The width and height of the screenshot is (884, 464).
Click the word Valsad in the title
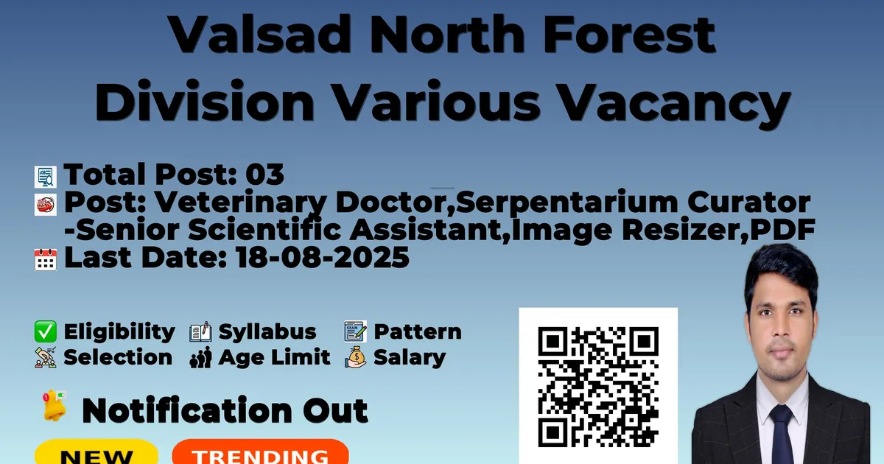click(259, 34)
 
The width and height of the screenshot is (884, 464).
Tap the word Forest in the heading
click(629, 34)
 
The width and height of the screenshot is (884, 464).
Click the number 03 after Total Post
click(264, 175)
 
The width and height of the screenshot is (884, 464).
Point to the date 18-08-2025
click(323, 258)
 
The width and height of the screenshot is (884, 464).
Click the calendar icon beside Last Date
click(46, 259)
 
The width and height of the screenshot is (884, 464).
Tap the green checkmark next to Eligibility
click(46, 331)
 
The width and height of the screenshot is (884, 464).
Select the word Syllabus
click(267, 332)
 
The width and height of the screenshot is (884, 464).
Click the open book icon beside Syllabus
click(200, 331)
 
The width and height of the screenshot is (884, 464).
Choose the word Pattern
click(418, 331)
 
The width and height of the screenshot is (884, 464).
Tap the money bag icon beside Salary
click(356, 357)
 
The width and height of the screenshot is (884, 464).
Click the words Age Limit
click(274, 357)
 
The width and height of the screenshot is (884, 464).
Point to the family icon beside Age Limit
click(200, 357)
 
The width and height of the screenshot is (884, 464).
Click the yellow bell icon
click(54, 406)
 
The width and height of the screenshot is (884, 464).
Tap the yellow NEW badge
click(97, 452)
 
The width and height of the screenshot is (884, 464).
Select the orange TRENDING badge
click(261, 452)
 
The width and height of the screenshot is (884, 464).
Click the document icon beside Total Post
click(46, 177)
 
